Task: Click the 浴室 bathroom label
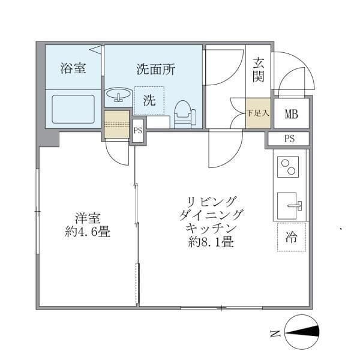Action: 73,68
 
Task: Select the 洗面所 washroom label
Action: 155,69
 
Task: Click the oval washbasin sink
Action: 118,94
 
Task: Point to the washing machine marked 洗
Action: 149,101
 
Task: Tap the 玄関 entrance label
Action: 259,69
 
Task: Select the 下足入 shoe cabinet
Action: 259,112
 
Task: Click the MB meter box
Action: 292,114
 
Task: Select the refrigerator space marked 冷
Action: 292,236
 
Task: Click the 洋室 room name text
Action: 87,218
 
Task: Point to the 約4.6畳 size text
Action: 87,232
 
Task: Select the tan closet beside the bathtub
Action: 116,124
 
